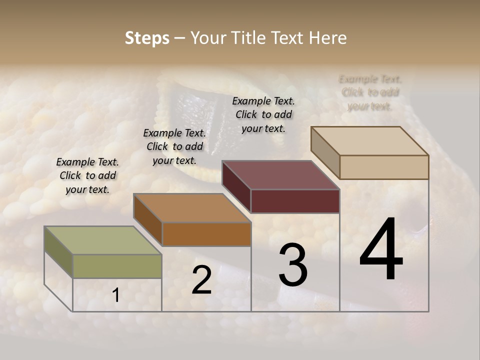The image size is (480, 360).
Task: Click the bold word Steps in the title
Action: coord(147,38)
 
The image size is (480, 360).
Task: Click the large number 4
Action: coord(381,250)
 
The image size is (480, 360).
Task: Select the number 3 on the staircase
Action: coord(293,265)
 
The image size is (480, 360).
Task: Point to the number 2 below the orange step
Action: coord(201,280)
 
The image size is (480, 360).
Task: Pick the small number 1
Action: coord(116,295)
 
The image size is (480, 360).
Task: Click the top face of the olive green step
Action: coord(103,240)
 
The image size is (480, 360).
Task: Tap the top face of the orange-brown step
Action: coord(192,208)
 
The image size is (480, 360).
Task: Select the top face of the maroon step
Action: coord(281,175)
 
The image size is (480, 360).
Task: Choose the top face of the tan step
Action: coord(370,141)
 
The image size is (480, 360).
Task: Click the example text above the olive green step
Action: coord(87,175)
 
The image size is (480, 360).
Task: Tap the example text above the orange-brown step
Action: coord(174,146)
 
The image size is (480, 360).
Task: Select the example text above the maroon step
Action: coord(263,114)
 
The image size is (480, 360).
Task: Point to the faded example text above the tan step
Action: coord(370,92)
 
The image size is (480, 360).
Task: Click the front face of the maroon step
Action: coord(295,201)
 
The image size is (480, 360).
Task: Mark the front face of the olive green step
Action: coord(117,266)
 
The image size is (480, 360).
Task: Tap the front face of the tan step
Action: coord(384,167)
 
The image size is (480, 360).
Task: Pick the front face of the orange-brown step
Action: coord(206,234)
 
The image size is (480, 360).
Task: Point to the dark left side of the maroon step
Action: coord(236,186)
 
